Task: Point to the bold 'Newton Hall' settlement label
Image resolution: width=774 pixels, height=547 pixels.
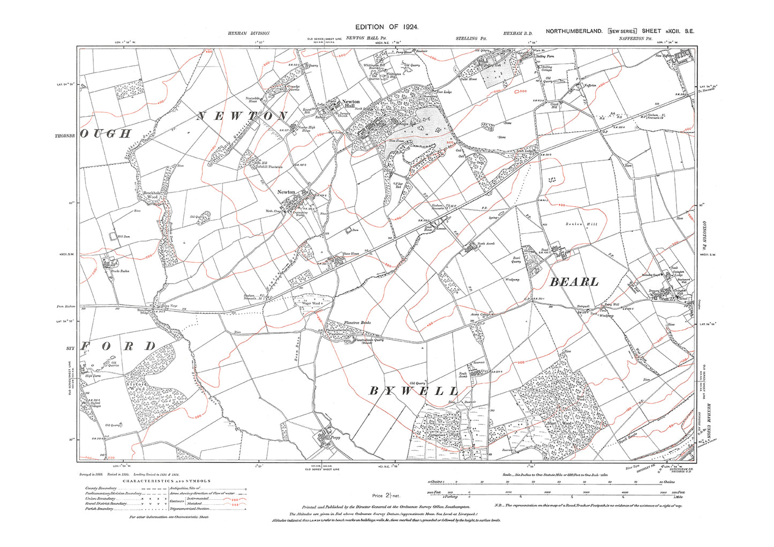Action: [351, 104]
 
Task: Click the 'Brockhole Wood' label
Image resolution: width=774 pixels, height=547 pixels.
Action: [151, 195]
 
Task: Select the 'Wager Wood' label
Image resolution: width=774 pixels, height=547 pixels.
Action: [312, 303]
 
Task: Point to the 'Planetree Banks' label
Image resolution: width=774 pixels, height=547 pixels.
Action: [357, 323]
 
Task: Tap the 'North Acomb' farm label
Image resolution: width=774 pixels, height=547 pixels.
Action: [486, 244]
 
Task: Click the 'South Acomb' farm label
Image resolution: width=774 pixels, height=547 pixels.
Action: [463, 375]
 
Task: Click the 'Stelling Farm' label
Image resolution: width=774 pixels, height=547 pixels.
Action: [545, 56]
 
